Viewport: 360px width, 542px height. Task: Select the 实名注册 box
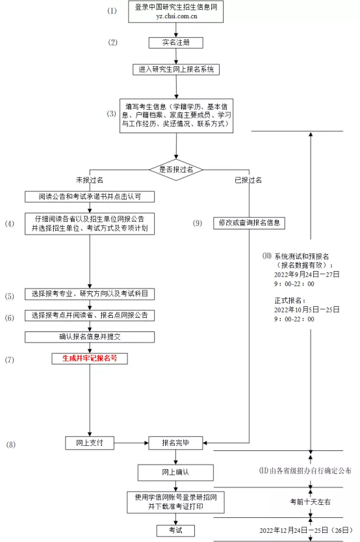175,43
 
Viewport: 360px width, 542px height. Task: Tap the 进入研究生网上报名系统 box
175,69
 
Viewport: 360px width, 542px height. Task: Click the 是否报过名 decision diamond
175,169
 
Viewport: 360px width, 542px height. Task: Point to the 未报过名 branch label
90,179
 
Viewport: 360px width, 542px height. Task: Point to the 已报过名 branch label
248,179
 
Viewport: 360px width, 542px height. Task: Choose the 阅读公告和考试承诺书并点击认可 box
90,196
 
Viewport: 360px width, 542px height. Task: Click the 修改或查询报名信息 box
250,222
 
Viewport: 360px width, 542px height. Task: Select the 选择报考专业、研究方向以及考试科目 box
90,294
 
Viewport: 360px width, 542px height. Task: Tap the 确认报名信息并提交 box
90,337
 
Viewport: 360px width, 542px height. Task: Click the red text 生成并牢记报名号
90,358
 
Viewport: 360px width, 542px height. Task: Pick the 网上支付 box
90,443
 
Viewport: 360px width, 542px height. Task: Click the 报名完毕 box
175,443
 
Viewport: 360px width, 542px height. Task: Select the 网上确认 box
175,472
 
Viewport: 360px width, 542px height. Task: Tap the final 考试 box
175,531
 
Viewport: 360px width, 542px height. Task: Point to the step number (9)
198,223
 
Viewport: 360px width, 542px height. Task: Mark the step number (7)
10,359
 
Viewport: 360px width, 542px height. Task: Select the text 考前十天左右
310,502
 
